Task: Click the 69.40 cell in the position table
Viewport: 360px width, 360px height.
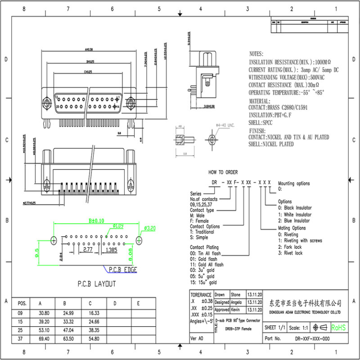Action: click(44, 338)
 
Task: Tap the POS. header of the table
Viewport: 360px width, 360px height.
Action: click(22, 303)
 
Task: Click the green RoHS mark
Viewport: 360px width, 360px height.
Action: click(338, 327)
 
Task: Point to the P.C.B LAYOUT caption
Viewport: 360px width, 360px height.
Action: click(97, 284)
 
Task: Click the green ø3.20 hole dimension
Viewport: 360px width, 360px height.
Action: click(149, 228)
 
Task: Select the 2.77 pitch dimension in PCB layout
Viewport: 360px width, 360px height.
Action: click(87, 250)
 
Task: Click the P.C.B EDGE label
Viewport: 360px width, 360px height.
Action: click(123, 270)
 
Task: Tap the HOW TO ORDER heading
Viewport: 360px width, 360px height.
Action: click(223, 172)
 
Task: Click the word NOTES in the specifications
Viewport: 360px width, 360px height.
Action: click(256, 54)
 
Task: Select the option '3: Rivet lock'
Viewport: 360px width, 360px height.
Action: click(290, 253)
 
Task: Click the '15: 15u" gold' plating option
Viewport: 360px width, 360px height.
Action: click(203, 283)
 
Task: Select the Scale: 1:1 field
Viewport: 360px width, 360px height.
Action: click(299, 327)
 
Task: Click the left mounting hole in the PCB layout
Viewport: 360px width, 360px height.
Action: click(53, 240)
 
